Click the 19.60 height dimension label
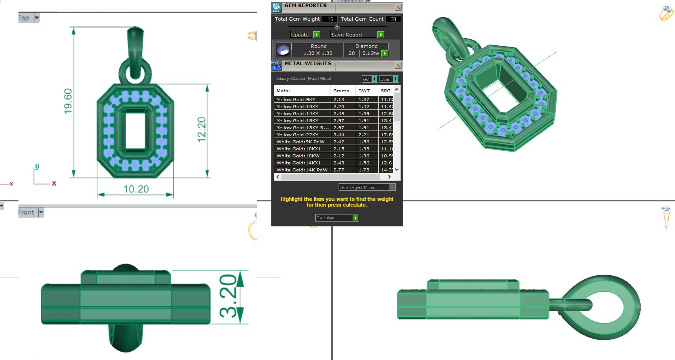point(68,101)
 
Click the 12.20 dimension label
point(201,130)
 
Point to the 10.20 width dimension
point(136,189)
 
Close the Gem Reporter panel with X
point(398,7)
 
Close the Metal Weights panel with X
point(398,65)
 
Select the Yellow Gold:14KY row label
point(297,113)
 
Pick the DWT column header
point(364,91)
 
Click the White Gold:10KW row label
point(298,156)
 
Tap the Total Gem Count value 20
point(393,19)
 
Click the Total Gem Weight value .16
point(330,19)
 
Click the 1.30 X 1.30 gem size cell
point(318,53)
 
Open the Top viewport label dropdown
point(36,18)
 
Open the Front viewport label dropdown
point(41,212)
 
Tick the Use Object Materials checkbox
point(392,187)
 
